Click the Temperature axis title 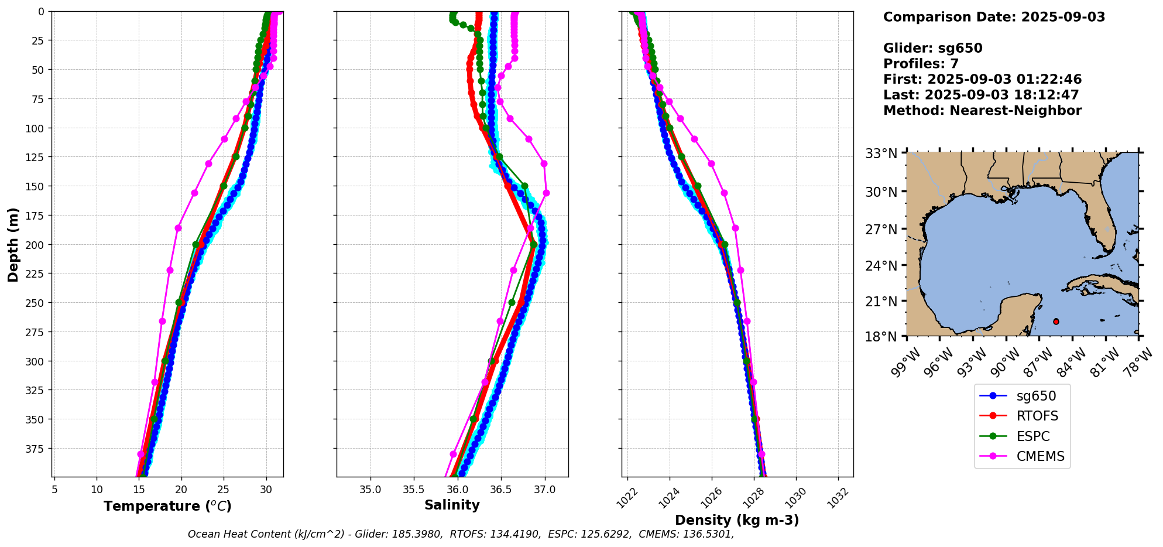pyautogui.click(x=167, y=506)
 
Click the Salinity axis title pyautogui.click(x=452, y=505)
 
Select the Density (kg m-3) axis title pyautogui.click(x=737, y=520)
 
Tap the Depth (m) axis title pyautogui.click(x=13, y=244)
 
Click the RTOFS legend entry pyautogui.click(x=1037, y=416)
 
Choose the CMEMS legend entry pyautogui.click(x=1040, y=457)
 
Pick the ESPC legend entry pyautogui.click(x=1032, y=437)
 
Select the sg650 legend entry pyautogui.click(x=1036, y=396)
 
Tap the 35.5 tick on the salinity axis pyautogui.click(x=414, y=490)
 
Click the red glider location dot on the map pyautogui.click(x=1056, y=322)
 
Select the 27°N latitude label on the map pyautogui.click(x=881, y=230)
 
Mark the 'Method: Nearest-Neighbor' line pyautogui.click(x=982, y=111)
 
